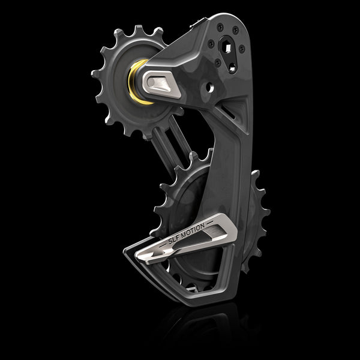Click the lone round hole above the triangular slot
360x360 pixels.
click(x=211, y=87)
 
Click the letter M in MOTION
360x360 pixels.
click(x=189, y=233)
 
